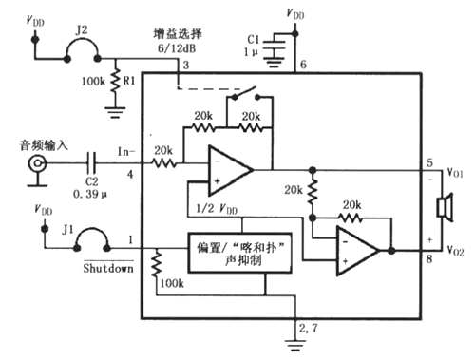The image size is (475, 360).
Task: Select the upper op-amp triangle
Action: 229,170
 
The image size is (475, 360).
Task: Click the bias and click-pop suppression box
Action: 226,252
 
